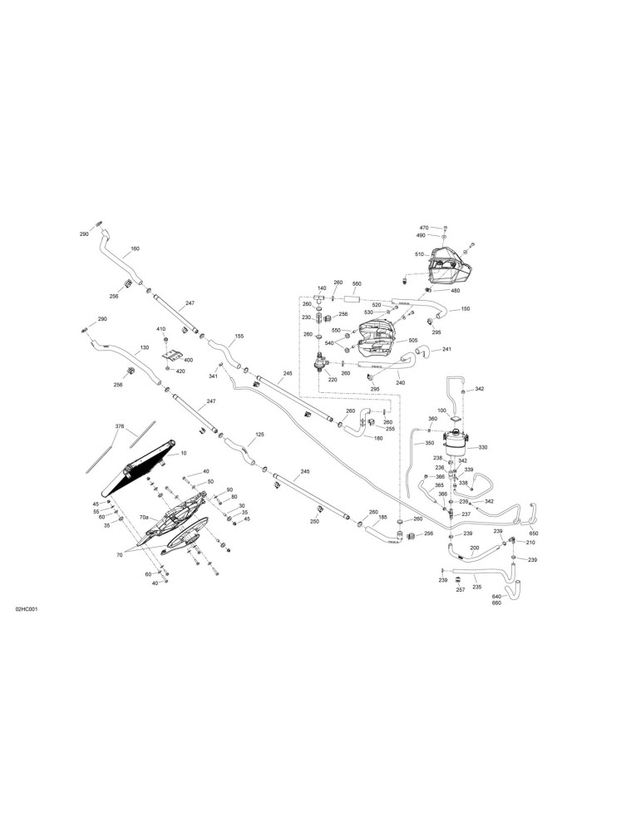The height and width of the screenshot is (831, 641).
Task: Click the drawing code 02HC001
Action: [x=27, y=609]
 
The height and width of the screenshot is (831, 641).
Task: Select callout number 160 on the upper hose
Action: [x=135, y=248]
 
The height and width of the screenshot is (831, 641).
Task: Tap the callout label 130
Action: [x=144, y=347]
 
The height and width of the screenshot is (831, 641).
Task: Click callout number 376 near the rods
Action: [x=121, y=426]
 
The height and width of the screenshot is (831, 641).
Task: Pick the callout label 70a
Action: [x=144, y=517]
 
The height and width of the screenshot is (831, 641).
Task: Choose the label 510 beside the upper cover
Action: [x=419, y=254]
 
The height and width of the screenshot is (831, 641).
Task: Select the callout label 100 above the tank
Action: [x=441, y=411]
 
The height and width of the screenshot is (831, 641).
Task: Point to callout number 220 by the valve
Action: [x=333, y=380]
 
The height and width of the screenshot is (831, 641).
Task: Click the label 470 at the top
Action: [x=424, y=228]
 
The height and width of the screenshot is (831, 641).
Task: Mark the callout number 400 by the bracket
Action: [x=188, y=360]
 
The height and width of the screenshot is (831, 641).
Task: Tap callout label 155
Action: [x=239, y=336]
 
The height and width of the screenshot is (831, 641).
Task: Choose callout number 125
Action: [x=259, y=434]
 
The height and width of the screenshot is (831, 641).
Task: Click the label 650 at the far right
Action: [x=534, y=534]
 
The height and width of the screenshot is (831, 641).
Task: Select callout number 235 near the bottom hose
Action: [x=476, y=588]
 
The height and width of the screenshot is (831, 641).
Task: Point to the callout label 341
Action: [x=213, y=376]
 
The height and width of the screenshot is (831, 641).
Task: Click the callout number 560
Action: [x=357, y=284]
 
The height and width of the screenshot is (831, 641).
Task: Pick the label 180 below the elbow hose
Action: [x=378, y=438]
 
